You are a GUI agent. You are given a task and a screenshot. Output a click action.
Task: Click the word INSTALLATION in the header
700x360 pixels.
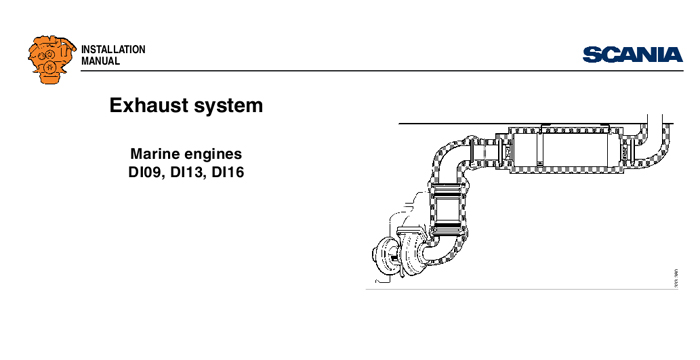[x=113, y=50]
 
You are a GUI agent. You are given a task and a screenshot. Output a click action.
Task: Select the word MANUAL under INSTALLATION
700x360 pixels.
[x=100, y=62]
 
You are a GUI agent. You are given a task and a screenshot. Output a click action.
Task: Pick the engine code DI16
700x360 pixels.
[x=236, y=174]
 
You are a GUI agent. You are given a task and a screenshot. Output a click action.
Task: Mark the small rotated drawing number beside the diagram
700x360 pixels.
[x=676, y=274]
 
